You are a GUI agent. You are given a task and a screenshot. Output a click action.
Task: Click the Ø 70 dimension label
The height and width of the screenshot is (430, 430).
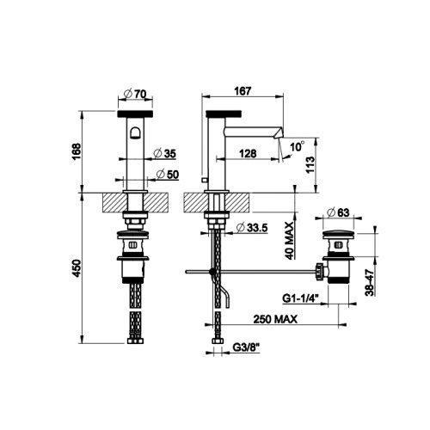(135, 94)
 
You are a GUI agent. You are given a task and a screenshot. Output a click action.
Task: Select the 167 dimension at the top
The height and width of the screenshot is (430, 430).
(243, 91)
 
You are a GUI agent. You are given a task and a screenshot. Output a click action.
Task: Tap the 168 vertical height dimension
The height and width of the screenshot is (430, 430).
(77, 151)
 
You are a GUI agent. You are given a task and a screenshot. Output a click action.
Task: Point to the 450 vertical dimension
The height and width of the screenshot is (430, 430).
(77, 268)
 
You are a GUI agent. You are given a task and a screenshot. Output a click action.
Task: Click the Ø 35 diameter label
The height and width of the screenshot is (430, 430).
(164, 153)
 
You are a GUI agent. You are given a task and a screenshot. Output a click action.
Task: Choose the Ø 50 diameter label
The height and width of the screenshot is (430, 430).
(168, 175)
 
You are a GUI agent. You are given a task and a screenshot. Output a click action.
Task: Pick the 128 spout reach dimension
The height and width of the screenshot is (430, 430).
(248, 154)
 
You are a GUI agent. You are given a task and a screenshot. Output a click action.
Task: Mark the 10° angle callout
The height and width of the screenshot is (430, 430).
(297, 146)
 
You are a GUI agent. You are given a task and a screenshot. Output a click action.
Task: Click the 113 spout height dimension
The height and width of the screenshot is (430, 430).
(310, 164)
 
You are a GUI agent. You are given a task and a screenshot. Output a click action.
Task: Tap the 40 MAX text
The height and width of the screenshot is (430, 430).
(290, 241)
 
